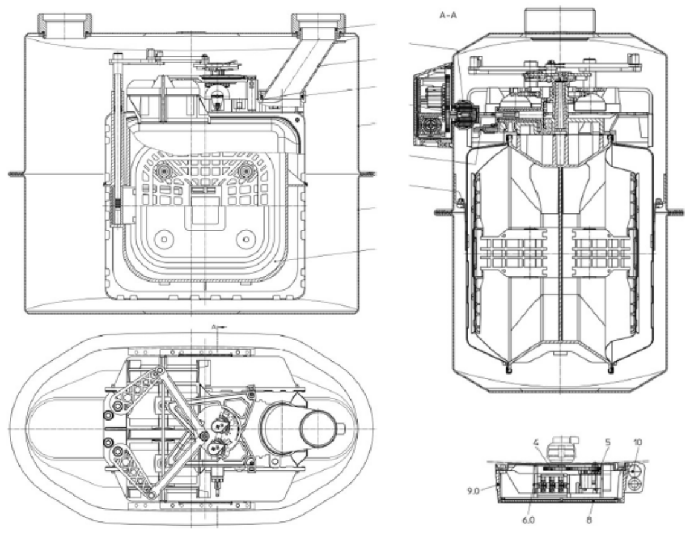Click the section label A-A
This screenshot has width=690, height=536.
(x=448, y=15)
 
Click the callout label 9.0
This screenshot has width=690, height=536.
(x=473, y=490)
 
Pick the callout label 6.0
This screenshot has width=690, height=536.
(x=529, y=520)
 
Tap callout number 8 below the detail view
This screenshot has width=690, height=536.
(x=588, y=520)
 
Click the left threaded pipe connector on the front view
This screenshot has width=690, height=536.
(x=64, y=25)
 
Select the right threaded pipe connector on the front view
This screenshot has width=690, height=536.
(x=319, y=25)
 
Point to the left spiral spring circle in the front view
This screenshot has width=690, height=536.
(x=164, y=170)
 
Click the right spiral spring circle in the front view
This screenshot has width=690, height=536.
(x=245, y=170)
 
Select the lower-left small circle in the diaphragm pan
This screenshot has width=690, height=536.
(x=164, y=239)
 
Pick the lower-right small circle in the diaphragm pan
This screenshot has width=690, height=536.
(x=245, y=239)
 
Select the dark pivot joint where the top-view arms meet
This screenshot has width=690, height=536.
(x=203, y=436)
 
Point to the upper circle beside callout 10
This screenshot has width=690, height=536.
(x=634, y=470)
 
